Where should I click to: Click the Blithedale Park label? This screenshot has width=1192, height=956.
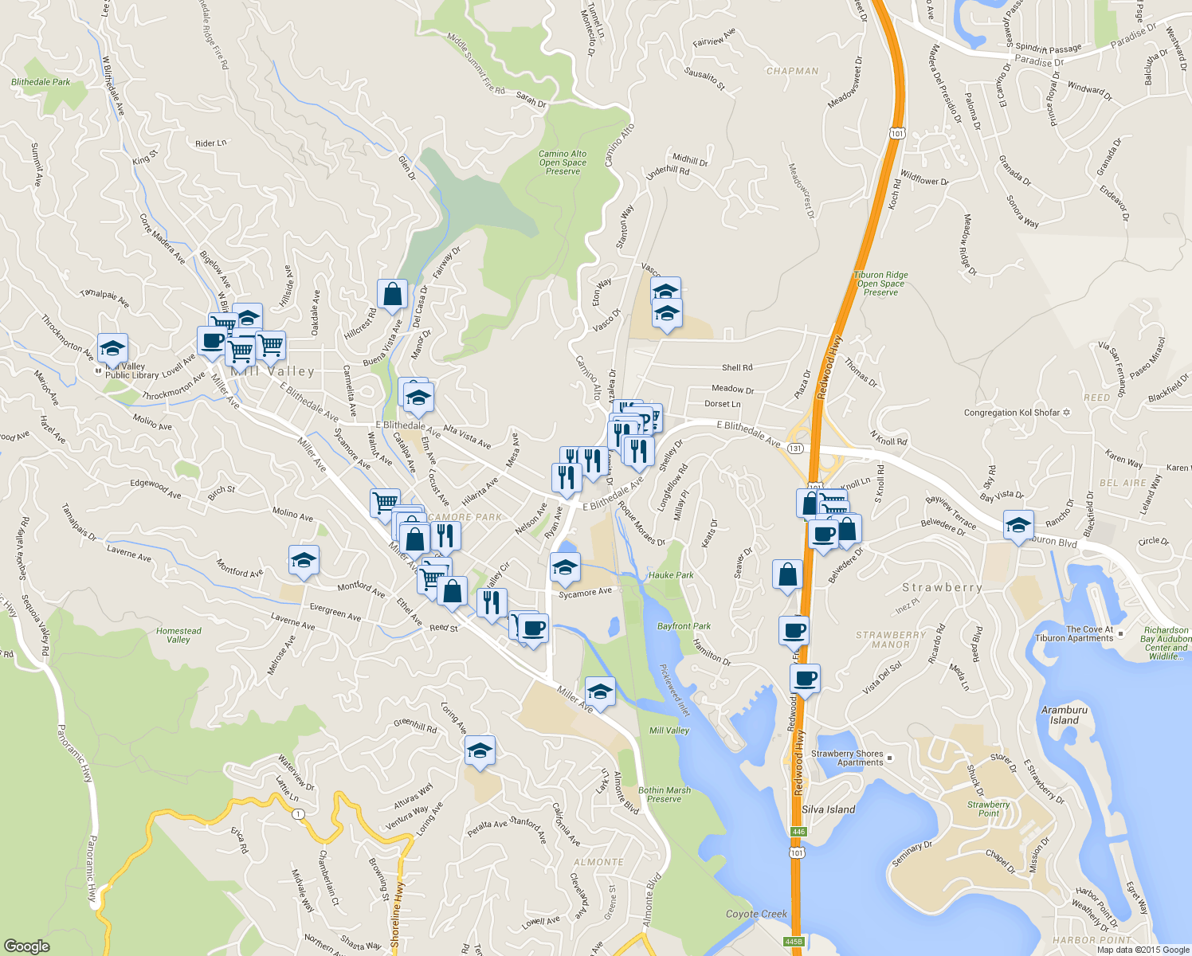pyautogui.click(x=41, y=82)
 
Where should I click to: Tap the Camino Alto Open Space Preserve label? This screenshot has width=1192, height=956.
pyautogui.click(x=563, y=163)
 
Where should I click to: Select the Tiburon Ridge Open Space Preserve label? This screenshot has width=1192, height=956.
pyautogui.click(x=880, y=284)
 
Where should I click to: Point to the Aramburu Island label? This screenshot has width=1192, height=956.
pyautogui.click(x=1064, y=715)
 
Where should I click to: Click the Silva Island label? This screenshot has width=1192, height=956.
pyautogui.click(x=828, y=809)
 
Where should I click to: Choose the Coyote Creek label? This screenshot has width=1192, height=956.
pyautogui.click(x=756, y=914)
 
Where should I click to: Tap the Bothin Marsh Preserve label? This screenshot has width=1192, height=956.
pyautogui.click(x=664, y=794)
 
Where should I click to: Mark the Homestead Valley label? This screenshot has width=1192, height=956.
pyautogui.click(x=178, y=635)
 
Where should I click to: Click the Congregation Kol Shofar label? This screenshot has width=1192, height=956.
pyautogui.click(x=1012, y=413)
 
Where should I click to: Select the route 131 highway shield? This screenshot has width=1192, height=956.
pyautogui.click(x=794, y=449)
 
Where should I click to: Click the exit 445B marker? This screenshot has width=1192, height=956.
pyautogui.click(x=793, y=942)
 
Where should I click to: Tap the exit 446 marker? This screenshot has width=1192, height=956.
pyautogui.click(x=798, y=832)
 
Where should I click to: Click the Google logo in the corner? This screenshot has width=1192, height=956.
pyautogui.click(x=26, y=946)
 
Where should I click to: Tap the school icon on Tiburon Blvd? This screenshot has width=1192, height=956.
pyautogui.click(x=1018, y=525)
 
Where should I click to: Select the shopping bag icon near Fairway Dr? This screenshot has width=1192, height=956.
pyautogui.click(x=392, y=294)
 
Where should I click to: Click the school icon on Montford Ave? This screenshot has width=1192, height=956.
pyautogui.click(x=304, y=560)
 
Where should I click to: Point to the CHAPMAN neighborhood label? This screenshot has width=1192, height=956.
pyautogui.click(x=792, y=71)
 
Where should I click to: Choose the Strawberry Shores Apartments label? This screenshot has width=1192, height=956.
pyautogui.click(x=847, y=758)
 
